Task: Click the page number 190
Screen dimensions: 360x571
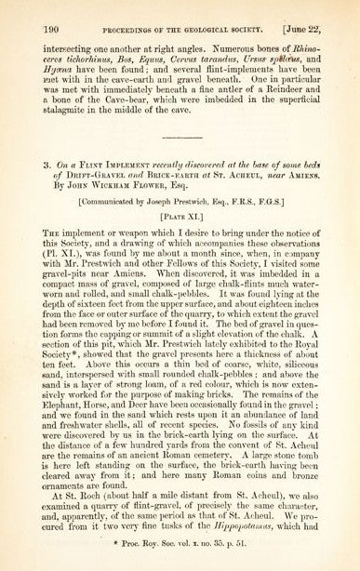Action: click(x=26, y=10)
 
